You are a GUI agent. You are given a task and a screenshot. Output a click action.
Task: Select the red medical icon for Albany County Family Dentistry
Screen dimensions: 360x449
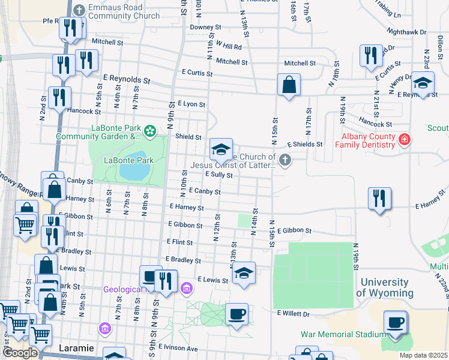tap(405, 140)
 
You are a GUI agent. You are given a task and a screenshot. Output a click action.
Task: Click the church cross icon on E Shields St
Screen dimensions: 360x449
tap(285, 160)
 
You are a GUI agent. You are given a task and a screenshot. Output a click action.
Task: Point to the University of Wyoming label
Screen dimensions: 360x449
tap(385, 287)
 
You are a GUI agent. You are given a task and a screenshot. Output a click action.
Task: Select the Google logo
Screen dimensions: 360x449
tap(20, 353)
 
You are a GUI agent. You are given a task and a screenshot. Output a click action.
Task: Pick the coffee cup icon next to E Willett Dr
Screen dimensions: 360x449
tap(237, 314)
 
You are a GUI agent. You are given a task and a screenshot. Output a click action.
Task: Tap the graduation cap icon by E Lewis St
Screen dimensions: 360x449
tap(243, 273)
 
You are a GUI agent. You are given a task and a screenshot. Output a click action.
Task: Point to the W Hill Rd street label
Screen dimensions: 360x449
tap(229, 46)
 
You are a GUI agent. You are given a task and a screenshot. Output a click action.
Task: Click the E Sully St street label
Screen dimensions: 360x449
tap(218, 175)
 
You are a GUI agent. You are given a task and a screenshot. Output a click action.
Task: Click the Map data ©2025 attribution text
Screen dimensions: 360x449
tap(423, 355)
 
